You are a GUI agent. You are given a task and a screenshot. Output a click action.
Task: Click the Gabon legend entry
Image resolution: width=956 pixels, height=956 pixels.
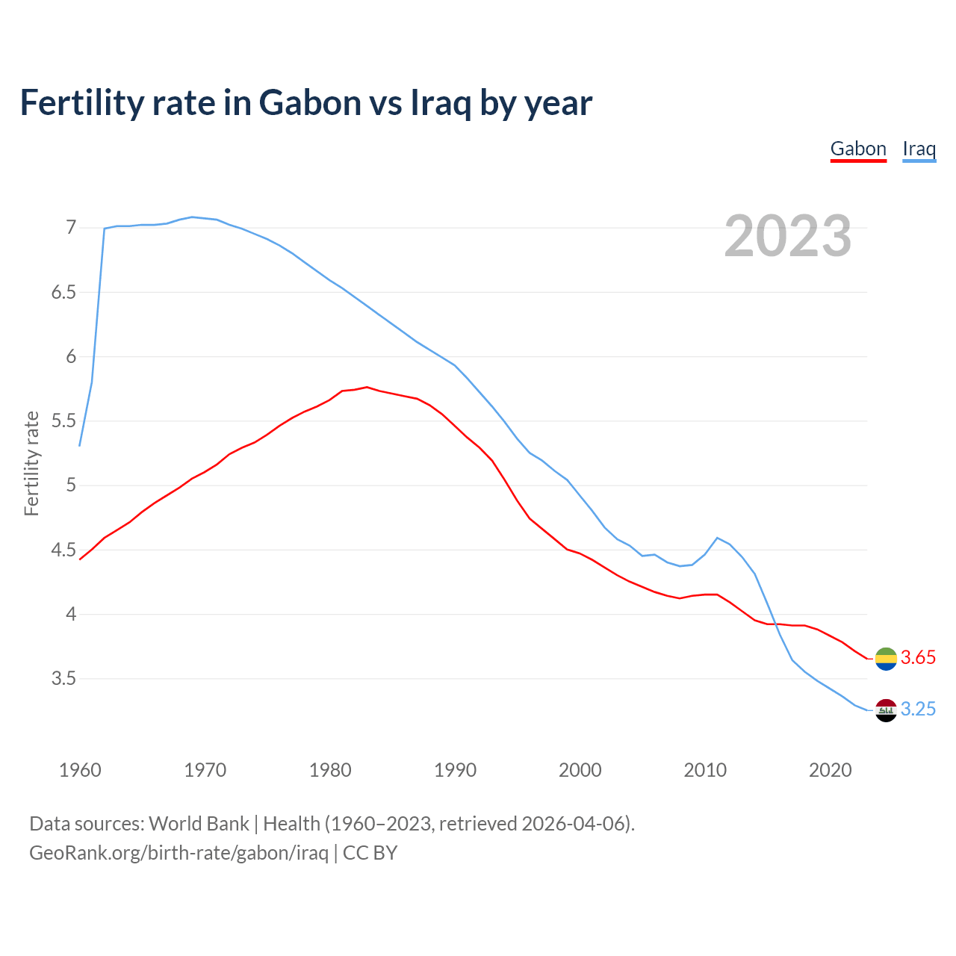(858, 149)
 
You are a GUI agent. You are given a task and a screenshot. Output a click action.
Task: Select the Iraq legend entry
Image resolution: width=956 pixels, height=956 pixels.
(919, 149)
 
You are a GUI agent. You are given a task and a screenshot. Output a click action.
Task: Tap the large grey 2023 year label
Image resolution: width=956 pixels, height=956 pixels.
(788, 236)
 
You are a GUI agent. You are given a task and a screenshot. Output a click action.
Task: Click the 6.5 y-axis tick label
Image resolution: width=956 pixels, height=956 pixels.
(63, 292)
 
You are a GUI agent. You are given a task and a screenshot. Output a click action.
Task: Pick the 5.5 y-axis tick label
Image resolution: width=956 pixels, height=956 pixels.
(63, 421)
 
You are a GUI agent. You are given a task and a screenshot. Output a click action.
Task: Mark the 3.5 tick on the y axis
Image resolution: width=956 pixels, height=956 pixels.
(63, 679)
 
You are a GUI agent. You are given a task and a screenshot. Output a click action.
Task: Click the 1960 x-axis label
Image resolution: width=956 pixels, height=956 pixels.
(80, 770)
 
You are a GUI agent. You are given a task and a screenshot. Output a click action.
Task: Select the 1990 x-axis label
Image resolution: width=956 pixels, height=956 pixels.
(455, 770)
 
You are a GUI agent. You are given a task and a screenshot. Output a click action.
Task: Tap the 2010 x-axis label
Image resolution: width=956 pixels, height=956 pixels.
(705, 770)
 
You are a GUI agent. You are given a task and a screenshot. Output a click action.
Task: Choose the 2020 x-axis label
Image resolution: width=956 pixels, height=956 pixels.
(830, 770)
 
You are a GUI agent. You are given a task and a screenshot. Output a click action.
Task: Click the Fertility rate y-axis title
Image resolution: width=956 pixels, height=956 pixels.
(31, 463)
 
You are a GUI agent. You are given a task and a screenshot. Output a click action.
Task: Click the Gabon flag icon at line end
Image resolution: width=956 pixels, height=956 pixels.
(886, 659)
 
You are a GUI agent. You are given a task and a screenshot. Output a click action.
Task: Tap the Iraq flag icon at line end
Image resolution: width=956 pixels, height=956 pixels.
(886, 710)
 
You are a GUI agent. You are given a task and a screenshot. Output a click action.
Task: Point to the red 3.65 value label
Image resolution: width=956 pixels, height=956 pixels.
(918, 658)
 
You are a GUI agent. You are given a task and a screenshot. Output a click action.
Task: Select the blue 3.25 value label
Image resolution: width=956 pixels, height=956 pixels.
(918, 710)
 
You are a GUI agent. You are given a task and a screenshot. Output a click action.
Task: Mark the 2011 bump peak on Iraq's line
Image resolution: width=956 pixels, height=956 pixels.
(717, 538)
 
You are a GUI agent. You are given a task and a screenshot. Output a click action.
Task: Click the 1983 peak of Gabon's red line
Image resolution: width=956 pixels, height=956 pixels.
(367, 387)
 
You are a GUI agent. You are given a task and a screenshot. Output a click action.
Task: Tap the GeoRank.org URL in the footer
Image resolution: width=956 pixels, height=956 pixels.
(179, 852)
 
